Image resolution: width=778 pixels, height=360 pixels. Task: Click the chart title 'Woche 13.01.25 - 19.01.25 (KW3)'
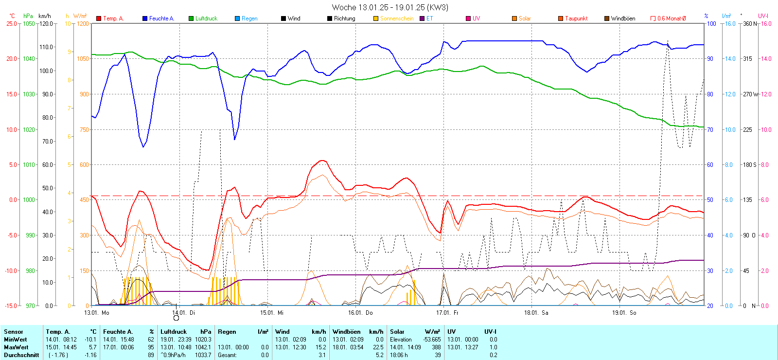click(389, 7)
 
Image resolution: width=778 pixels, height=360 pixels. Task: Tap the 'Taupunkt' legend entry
click(576, 18)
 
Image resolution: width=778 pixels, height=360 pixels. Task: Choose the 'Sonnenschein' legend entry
click(396, 18)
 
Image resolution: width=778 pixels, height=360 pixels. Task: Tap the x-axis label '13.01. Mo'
click(96, 313)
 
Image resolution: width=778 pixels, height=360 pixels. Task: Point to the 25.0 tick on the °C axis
click(11, 23)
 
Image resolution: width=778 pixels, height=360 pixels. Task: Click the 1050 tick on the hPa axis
click(29, 23)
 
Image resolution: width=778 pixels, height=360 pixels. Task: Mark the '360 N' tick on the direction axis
click(750, 23)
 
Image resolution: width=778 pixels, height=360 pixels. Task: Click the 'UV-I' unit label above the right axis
click(763, 16)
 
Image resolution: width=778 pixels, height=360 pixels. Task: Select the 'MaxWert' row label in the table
click(16, 347)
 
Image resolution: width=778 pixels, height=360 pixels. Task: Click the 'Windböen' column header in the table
click(347, 332)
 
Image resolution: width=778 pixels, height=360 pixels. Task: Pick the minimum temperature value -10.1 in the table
click(90, 340)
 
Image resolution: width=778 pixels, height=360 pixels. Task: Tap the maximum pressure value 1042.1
click(204, 347)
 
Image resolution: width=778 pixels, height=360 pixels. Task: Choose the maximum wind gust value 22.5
click(378, 347)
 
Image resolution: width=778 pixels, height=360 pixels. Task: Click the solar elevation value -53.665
click(432, 340)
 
